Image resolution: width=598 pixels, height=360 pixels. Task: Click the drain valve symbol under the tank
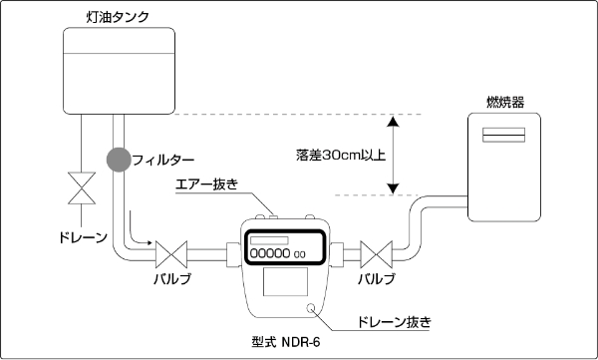76,186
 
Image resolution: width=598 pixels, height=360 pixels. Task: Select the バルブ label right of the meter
377,280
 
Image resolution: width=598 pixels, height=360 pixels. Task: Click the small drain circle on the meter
312,308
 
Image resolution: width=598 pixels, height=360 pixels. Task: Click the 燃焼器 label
505,103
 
